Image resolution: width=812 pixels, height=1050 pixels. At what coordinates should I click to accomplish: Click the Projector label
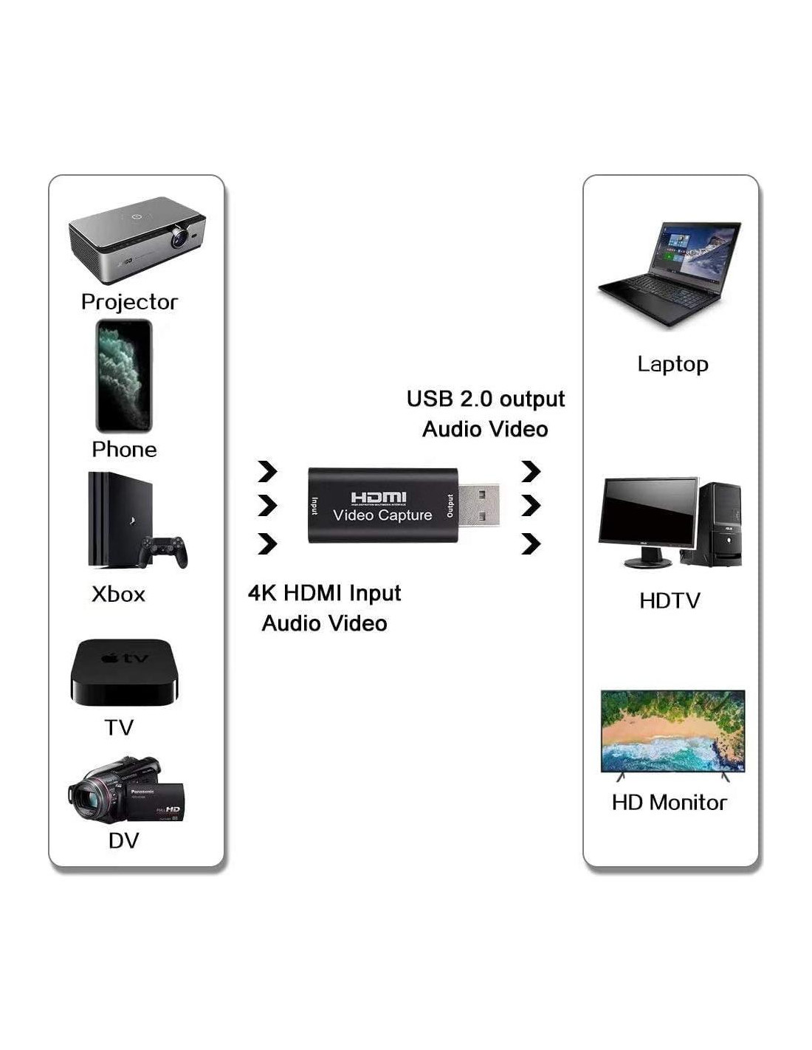pos(129,302)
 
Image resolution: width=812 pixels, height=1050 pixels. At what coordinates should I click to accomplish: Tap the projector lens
pos(178,238)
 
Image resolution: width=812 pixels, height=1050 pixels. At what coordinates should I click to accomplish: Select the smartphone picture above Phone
pos(124,376)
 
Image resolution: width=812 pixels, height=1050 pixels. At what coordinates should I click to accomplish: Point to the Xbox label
pos(118,594)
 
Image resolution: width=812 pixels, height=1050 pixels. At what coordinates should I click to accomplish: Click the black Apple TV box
pos(125,673)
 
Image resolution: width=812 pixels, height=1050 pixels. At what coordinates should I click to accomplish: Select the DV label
pos(123,840)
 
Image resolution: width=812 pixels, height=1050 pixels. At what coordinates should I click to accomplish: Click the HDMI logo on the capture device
pos(378,498)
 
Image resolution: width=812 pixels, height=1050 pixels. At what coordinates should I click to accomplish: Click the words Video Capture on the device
pos(382,515)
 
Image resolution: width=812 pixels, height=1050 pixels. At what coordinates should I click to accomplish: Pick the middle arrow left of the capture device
pos(267,506)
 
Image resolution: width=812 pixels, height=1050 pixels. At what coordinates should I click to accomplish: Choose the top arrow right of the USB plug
pos(531,470)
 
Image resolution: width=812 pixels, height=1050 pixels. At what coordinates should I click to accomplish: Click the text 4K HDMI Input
pos(324,593)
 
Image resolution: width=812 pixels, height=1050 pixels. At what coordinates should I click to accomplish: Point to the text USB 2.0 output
pos(485,399)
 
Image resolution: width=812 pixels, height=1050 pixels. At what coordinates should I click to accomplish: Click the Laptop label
pos(672,364)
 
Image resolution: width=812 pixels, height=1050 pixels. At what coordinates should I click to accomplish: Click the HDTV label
pos(670,601)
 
